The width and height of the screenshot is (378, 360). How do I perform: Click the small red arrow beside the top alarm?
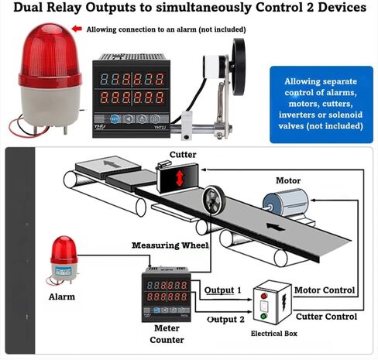[77, 29]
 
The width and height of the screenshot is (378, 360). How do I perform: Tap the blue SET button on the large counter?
[115, 119]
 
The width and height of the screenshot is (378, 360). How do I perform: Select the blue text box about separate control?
[321, 105]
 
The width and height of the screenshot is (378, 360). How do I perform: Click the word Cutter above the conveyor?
[183, 155]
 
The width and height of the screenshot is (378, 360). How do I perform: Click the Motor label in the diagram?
[288, 180]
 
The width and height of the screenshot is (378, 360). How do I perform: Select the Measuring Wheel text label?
[170, 245]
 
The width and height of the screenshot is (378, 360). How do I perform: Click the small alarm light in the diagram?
[64, 259]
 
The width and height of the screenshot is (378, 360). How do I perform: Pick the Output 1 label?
[222, 290]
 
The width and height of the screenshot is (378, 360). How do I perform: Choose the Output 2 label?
[225, 320]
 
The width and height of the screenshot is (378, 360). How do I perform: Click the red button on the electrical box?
[263, 296]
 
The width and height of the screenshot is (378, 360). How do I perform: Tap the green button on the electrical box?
[263, 316]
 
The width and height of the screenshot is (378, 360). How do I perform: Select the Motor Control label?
[325, 290]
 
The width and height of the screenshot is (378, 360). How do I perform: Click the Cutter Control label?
[326, 317]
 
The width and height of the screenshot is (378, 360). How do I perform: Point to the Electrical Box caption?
[274, 334]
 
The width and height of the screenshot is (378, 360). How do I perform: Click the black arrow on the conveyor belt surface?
[276, 228]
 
